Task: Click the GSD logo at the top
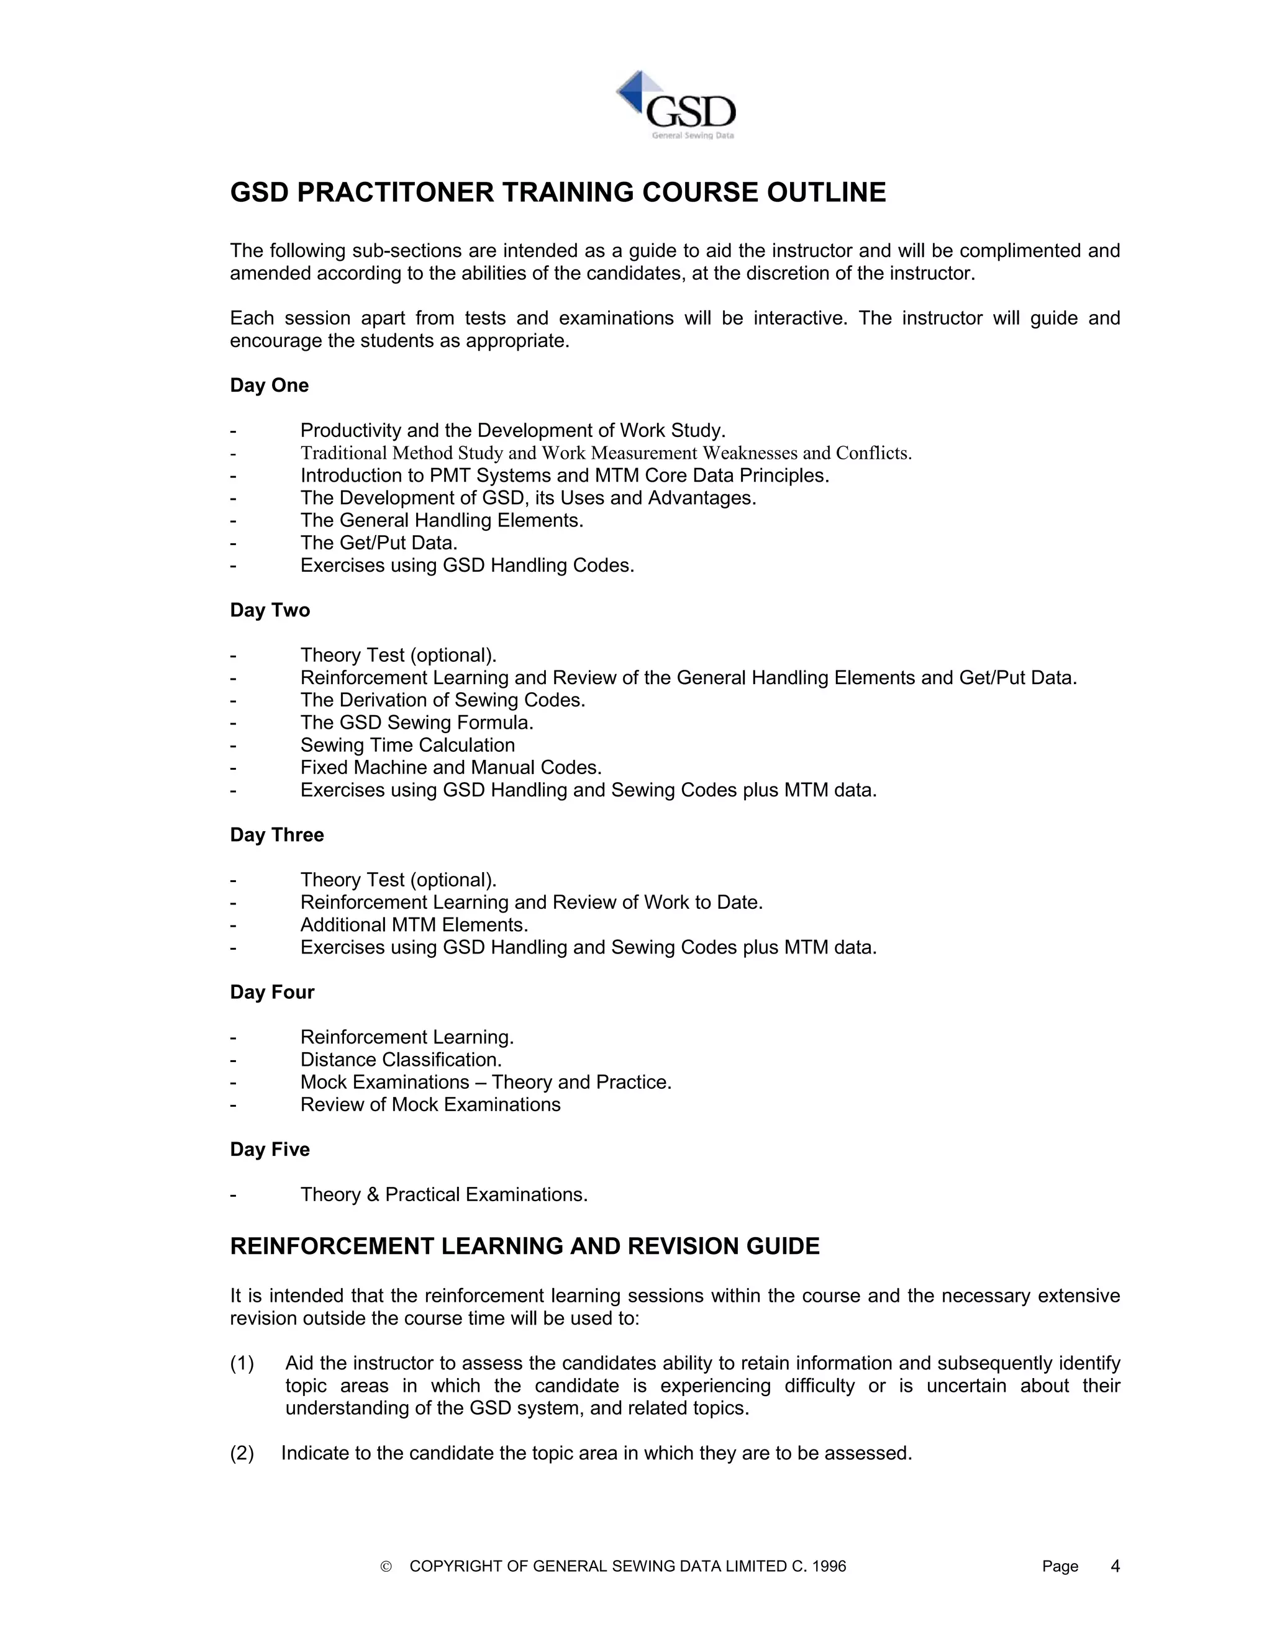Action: (x=676, y=106)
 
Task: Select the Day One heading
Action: (x=269, y=385)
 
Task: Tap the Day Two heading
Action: (x=270, y=610)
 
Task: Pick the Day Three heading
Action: (x=276, y=834)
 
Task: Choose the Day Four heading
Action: (x=272, y=992)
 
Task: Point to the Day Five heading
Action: (x=270, y=1150)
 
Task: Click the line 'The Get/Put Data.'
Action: (x=379, y=543)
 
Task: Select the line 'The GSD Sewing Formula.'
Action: (x=417, y=723)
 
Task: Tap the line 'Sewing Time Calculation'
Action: (x=407, y=746)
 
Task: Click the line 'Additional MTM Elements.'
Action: (x=414, y=925)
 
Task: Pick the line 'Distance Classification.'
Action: (x=401, y=1060)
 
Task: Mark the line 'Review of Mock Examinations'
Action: (x=430, y=1105)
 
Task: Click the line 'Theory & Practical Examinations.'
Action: (x=444, y=1194)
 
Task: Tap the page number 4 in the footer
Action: (x=1115, y=1567)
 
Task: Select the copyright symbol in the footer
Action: (x=386, y=1567)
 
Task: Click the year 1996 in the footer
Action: (x=830, y=1567)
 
